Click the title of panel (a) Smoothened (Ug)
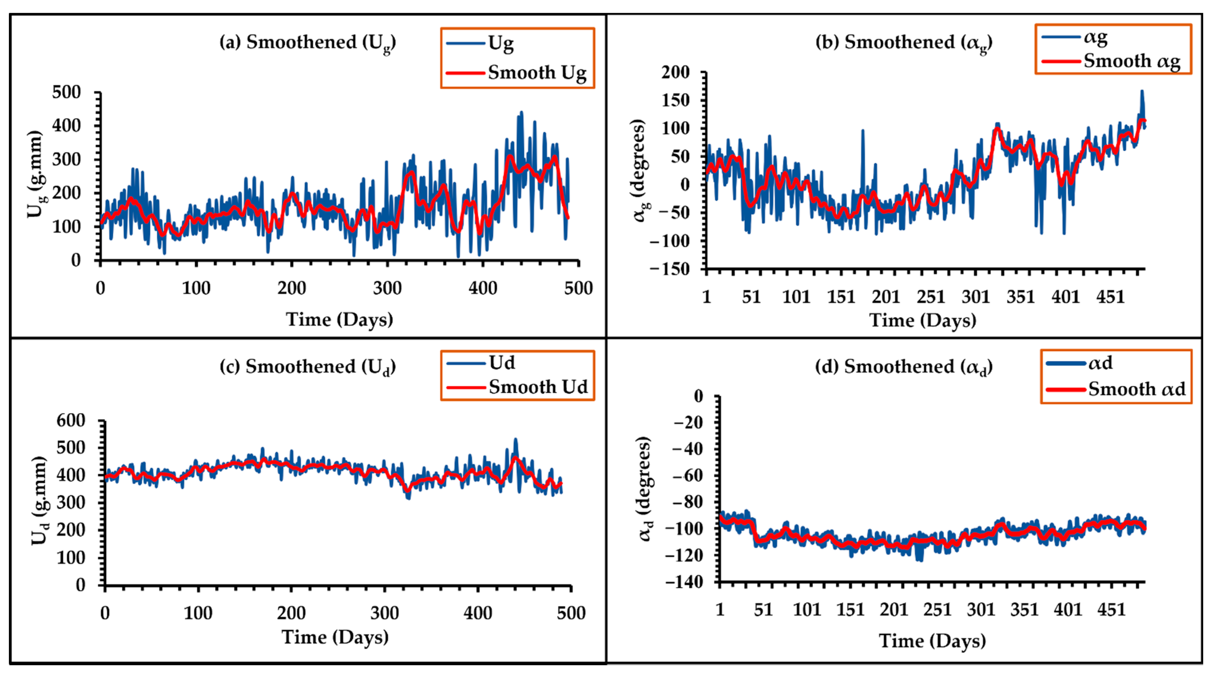[308, 42]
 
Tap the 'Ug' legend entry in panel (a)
[501, 44]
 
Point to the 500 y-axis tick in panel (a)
[66, 92]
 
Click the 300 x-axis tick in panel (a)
[387, 288]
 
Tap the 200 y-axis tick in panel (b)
[676, 73]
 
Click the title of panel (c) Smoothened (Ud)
[308, 366]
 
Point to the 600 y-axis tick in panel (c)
[71, 420]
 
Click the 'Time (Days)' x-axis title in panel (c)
[335, 637]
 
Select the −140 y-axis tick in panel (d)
[684, 582]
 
